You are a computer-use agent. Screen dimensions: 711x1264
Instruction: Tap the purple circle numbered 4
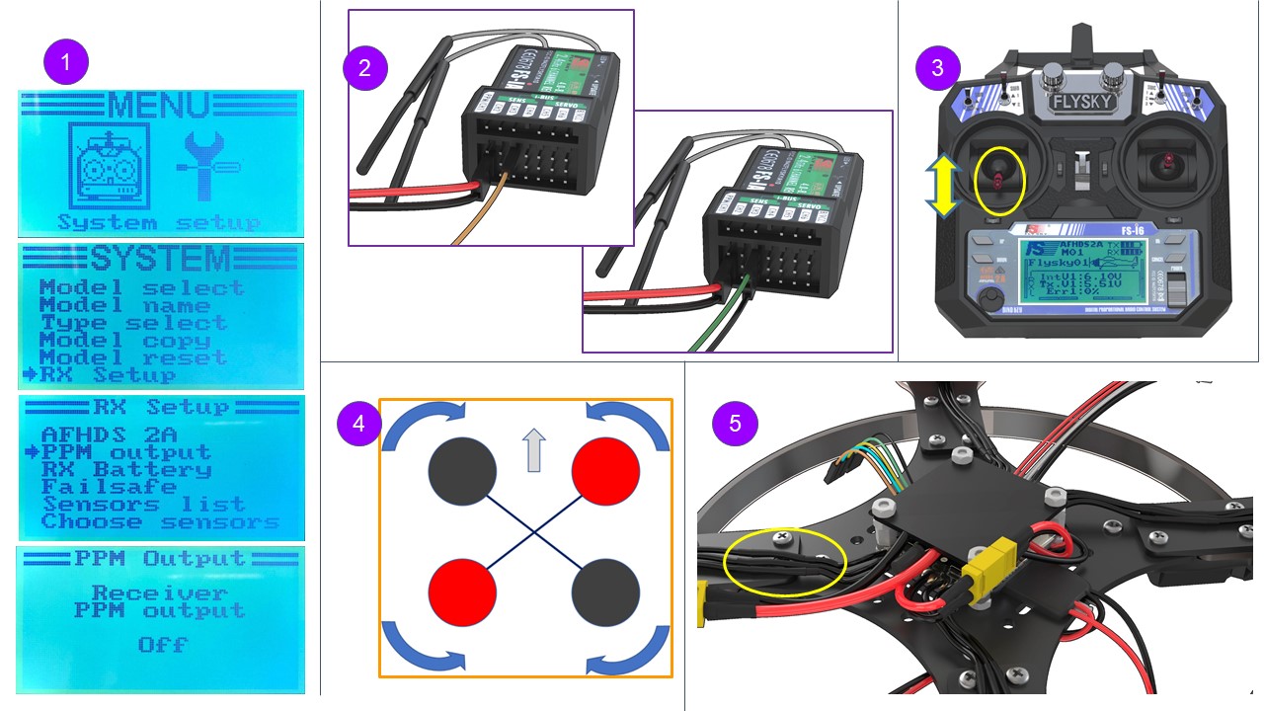tap(358, 423)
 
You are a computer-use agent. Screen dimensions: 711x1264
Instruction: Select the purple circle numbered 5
tap(734, 423)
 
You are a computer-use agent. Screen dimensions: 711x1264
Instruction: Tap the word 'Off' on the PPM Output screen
tap(162, 645)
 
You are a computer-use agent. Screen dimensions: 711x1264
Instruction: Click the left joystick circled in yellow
tap(999, 181)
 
